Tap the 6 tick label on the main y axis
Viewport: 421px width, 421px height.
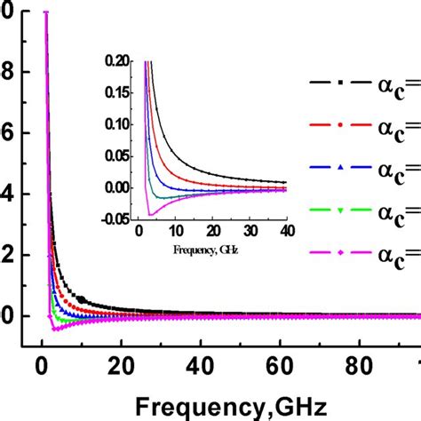[x=9, y=133]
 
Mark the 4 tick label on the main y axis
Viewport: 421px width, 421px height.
[x=9, y=194]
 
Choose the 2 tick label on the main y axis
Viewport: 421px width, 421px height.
[x=9, y=255]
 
